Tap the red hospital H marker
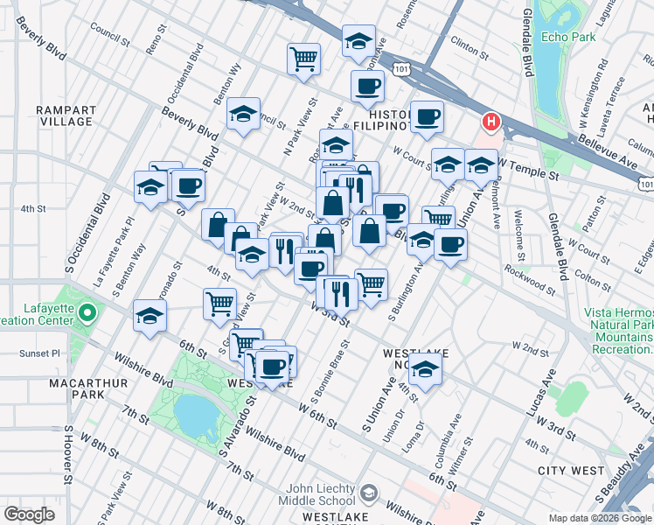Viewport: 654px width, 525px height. click(491, 122)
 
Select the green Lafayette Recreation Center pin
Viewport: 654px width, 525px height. click(87, 312)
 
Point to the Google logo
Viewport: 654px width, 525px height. click(29, 514)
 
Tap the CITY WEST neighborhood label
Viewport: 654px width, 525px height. click(570, 471)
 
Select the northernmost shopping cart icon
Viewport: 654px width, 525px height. click(303, 59)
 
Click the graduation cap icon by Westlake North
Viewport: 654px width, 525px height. click(425, 371)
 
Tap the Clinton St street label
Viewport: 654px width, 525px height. click(468, 41)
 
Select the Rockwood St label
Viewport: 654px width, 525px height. click(532, 283)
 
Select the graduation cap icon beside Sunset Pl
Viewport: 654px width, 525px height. click(150, 316)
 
